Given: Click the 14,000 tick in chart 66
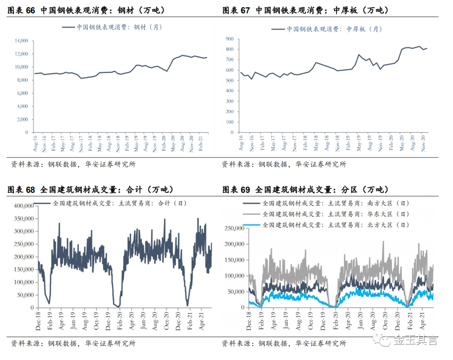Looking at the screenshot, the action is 22,41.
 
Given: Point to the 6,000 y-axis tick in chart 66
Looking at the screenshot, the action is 23,93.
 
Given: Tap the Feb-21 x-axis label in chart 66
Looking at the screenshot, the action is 200,143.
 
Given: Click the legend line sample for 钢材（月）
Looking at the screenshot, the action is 68,27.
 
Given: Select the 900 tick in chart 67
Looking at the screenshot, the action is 230,39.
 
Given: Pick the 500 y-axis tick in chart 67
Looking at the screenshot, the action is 230,80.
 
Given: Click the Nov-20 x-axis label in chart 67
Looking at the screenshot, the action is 423,143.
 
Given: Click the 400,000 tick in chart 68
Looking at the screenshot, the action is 24,206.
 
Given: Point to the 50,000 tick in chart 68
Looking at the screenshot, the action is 26,295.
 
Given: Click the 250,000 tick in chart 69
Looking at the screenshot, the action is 234,228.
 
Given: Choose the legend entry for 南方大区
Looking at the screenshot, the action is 326,203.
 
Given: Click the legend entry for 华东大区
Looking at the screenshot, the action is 326,214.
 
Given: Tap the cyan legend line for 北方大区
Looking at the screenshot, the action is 251,225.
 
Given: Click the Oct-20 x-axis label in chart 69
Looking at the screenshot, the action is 385,321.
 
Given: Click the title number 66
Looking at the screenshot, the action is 30,10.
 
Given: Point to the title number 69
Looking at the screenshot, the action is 245,190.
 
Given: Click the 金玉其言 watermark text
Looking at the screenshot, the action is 415,340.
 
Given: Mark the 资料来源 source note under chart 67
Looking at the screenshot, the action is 284,164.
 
